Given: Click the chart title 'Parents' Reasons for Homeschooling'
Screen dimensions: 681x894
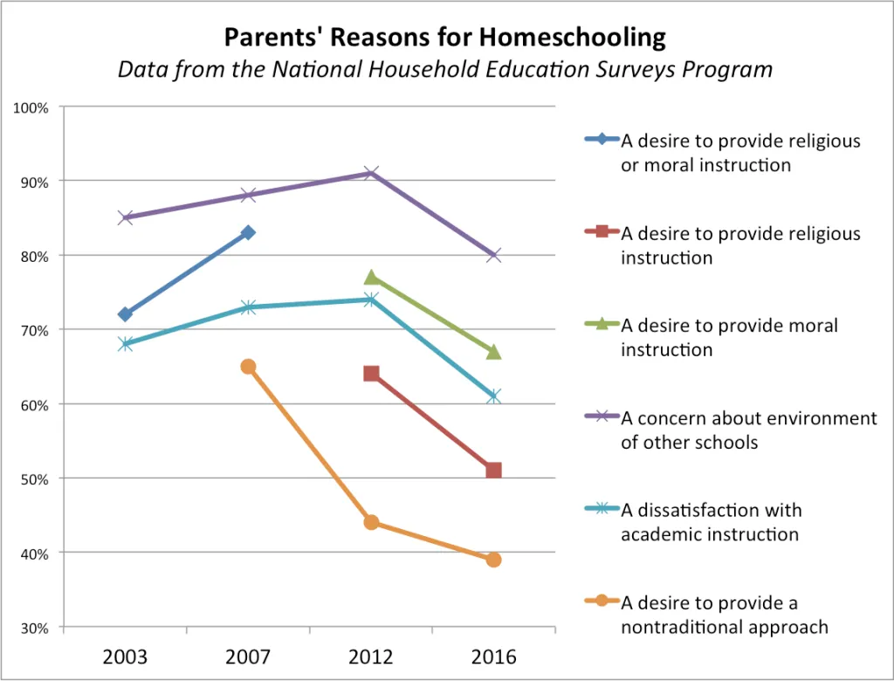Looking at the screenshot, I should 445,38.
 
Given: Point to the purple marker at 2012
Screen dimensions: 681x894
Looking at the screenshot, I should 371,173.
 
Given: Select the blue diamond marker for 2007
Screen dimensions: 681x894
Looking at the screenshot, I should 248,232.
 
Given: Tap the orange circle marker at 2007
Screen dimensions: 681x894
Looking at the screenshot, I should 248,367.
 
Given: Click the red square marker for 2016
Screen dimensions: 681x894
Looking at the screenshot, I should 493,471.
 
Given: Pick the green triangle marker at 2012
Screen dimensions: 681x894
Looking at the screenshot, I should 371,278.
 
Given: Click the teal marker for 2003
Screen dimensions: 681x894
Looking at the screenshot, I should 126,344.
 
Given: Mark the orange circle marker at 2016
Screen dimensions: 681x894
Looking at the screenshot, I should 493,560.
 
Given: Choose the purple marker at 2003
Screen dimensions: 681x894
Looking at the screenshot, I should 126,217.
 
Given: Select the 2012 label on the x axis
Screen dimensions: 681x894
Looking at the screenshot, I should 371,657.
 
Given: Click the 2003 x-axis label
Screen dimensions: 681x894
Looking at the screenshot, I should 126,657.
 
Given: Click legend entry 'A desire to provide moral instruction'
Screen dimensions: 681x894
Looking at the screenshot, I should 729,337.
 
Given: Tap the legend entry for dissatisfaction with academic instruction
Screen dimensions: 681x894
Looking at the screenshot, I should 711,521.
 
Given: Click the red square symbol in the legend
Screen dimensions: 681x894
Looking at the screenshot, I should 601,234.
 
